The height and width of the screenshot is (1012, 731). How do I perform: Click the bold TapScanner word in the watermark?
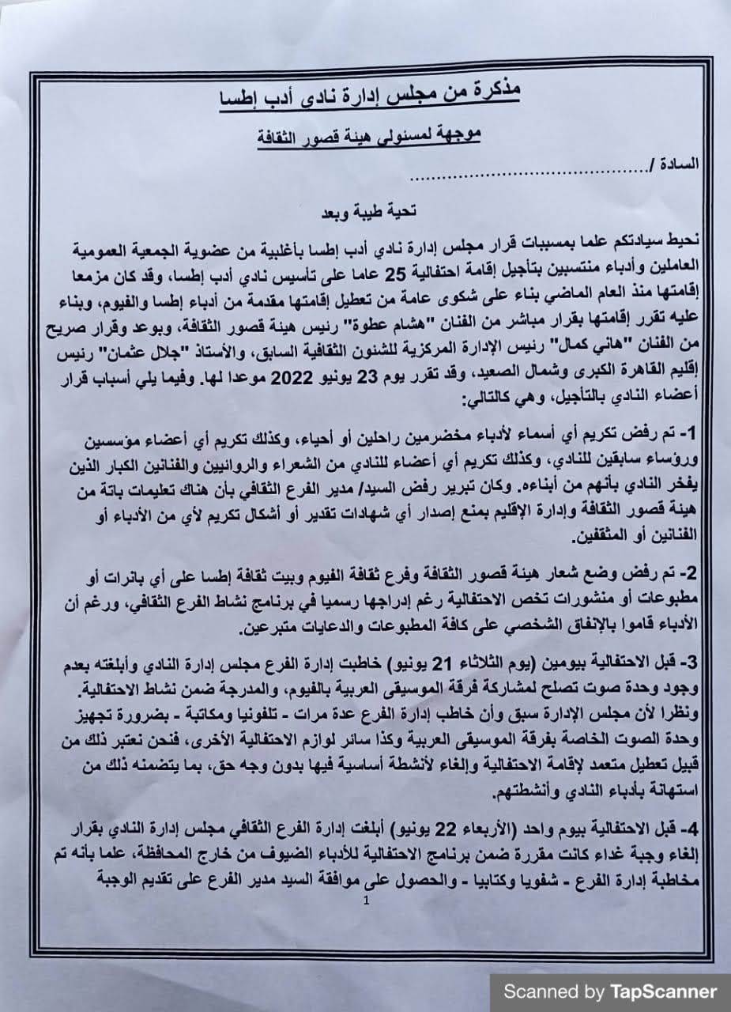(663, 991)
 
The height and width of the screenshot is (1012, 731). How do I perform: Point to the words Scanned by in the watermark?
(553, 991)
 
